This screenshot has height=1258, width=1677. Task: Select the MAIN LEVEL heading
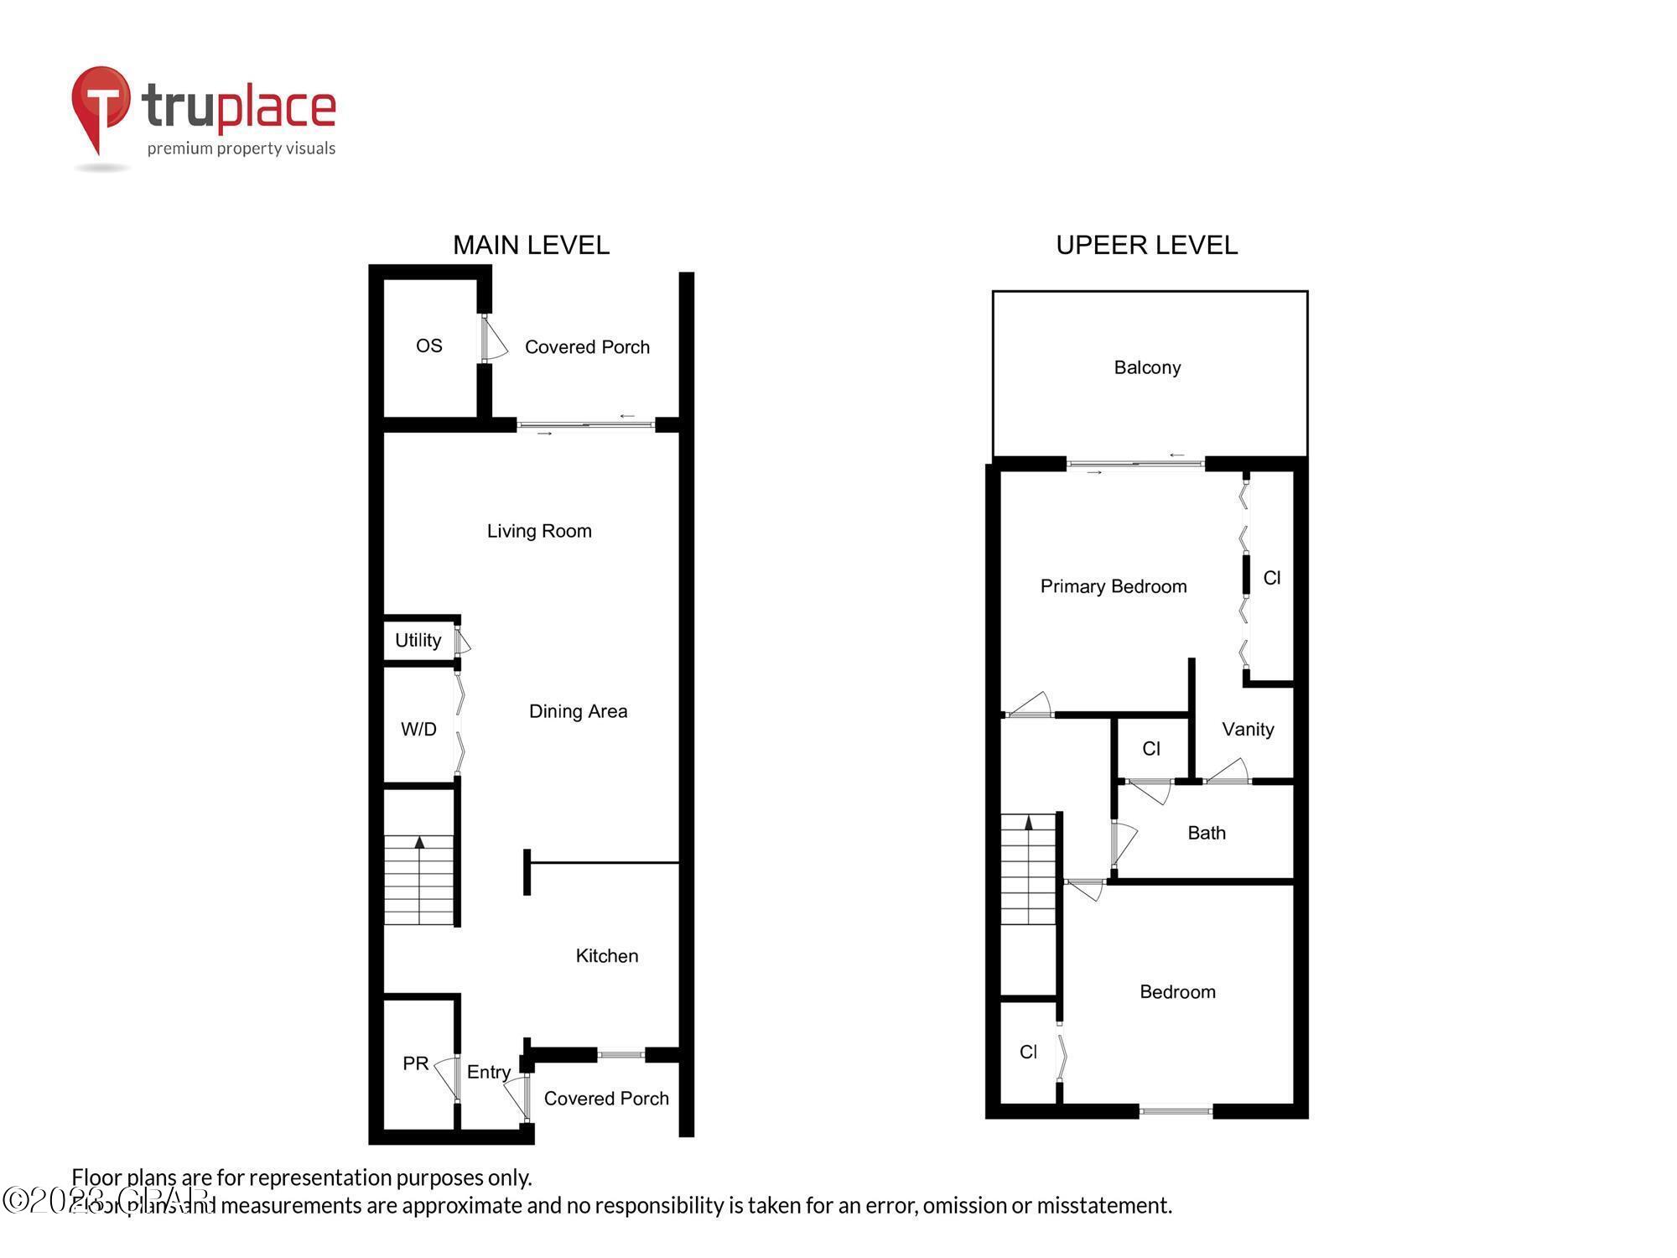point(531,245)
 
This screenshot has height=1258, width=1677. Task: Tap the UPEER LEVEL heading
point(1146,245)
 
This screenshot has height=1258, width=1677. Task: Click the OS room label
point(428,346)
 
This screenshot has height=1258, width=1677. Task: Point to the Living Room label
point(539,531)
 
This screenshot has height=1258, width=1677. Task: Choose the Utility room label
point(418,641)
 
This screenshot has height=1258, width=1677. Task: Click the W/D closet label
point(418,729)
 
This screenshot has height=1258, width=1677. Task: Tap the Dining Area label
point(578,711)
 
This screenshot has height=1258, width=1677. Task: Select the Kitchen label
point(606,956)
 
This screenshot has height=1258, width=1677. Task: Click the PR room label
point(416,1063)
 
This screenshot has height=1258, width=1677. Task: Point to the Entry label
point(488,1072)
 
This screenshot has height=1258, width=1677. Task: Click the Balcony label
point(1147,367)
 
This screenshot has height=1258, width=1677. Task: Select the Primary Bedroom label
point(1114,586)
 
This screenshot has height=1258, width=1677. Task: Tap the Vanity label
point(1248,730)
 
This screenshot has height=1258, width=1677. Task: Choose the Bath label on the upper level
point(1207,833)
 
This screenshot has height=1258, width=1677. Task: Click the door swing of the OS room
point(495,339)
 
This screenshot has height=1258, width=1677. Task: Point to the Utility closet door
point(462,642)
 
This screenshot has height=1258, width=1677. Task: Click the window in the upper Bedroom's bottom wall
point(1176,1111)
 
